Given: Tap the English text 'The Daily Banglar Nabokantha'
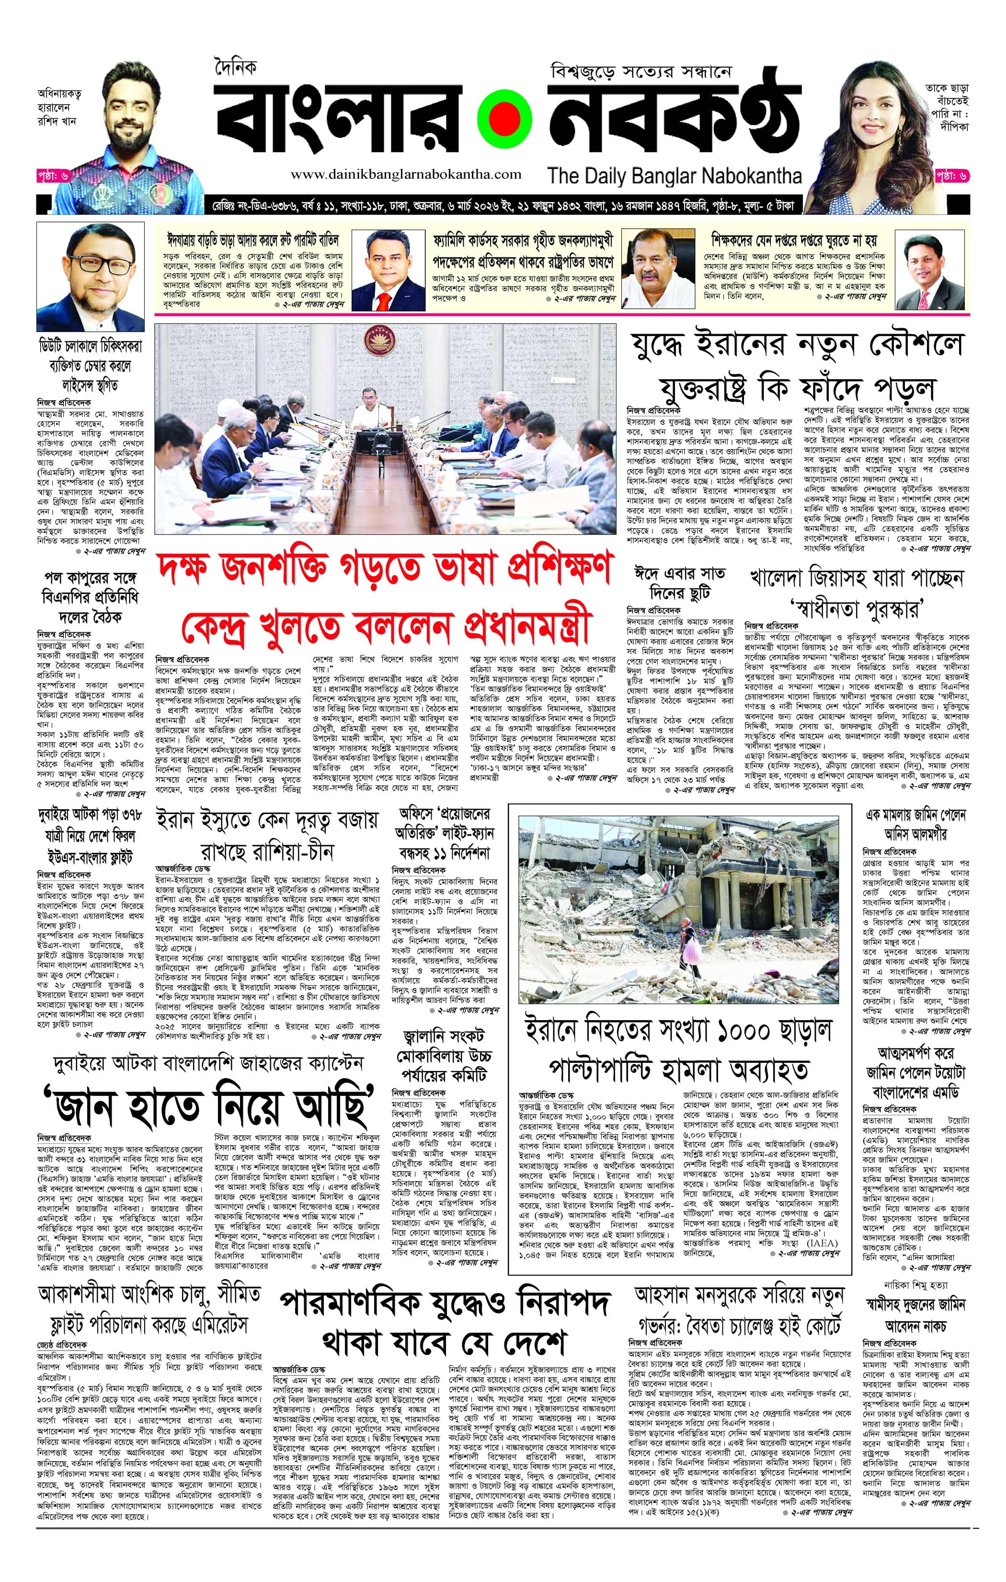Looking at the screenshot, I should [x=674, y=176].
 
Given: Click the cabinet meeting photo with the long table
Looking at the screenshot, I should [x=386, y=429].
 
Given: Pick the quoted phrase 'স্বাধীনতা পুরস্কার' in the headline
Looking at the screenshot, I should [x=854, y=608].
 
